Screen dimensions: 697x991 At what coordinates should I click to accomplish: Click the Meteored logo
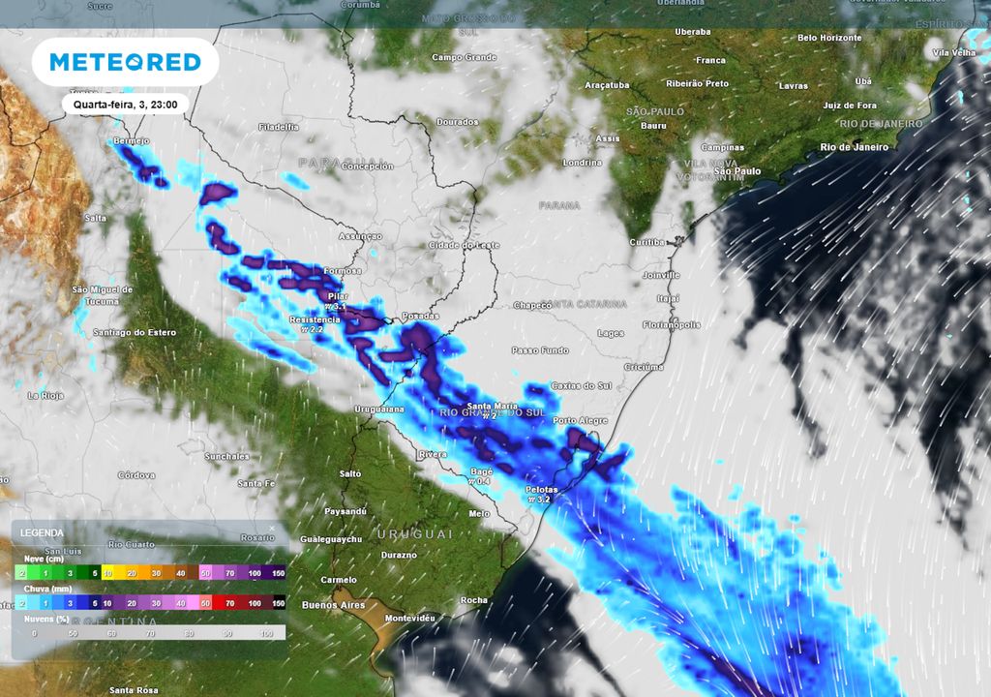click(x=125, y=63)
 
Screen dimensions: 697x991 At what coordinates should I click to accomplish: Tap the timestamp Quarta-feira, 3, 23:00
click(x=126, y=103)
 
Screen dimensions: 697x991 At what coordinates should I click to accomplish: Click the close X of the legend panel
click(x=271, y=529)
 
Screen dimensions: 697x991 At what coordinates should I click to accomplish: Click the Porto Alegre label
click(x=581, y=421)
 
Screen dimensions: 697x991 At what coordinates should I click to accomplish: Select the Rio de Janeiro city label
click(x=854, y=147)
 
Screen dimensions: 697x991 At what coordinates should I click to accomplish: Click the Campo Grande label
click(x=464, y=57)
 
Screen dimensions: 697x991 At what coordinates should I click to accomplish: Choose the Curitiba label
click(x=647, y=241)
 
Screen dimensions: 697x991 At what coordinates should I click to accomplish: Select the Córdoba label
click(x=135, y=475)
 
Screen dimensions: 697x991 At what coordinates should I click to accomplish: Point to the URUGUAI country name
click(x=415, y=534)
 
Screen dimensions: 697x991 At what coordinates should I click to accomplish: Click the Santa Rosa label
click(x=134, y=689)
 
